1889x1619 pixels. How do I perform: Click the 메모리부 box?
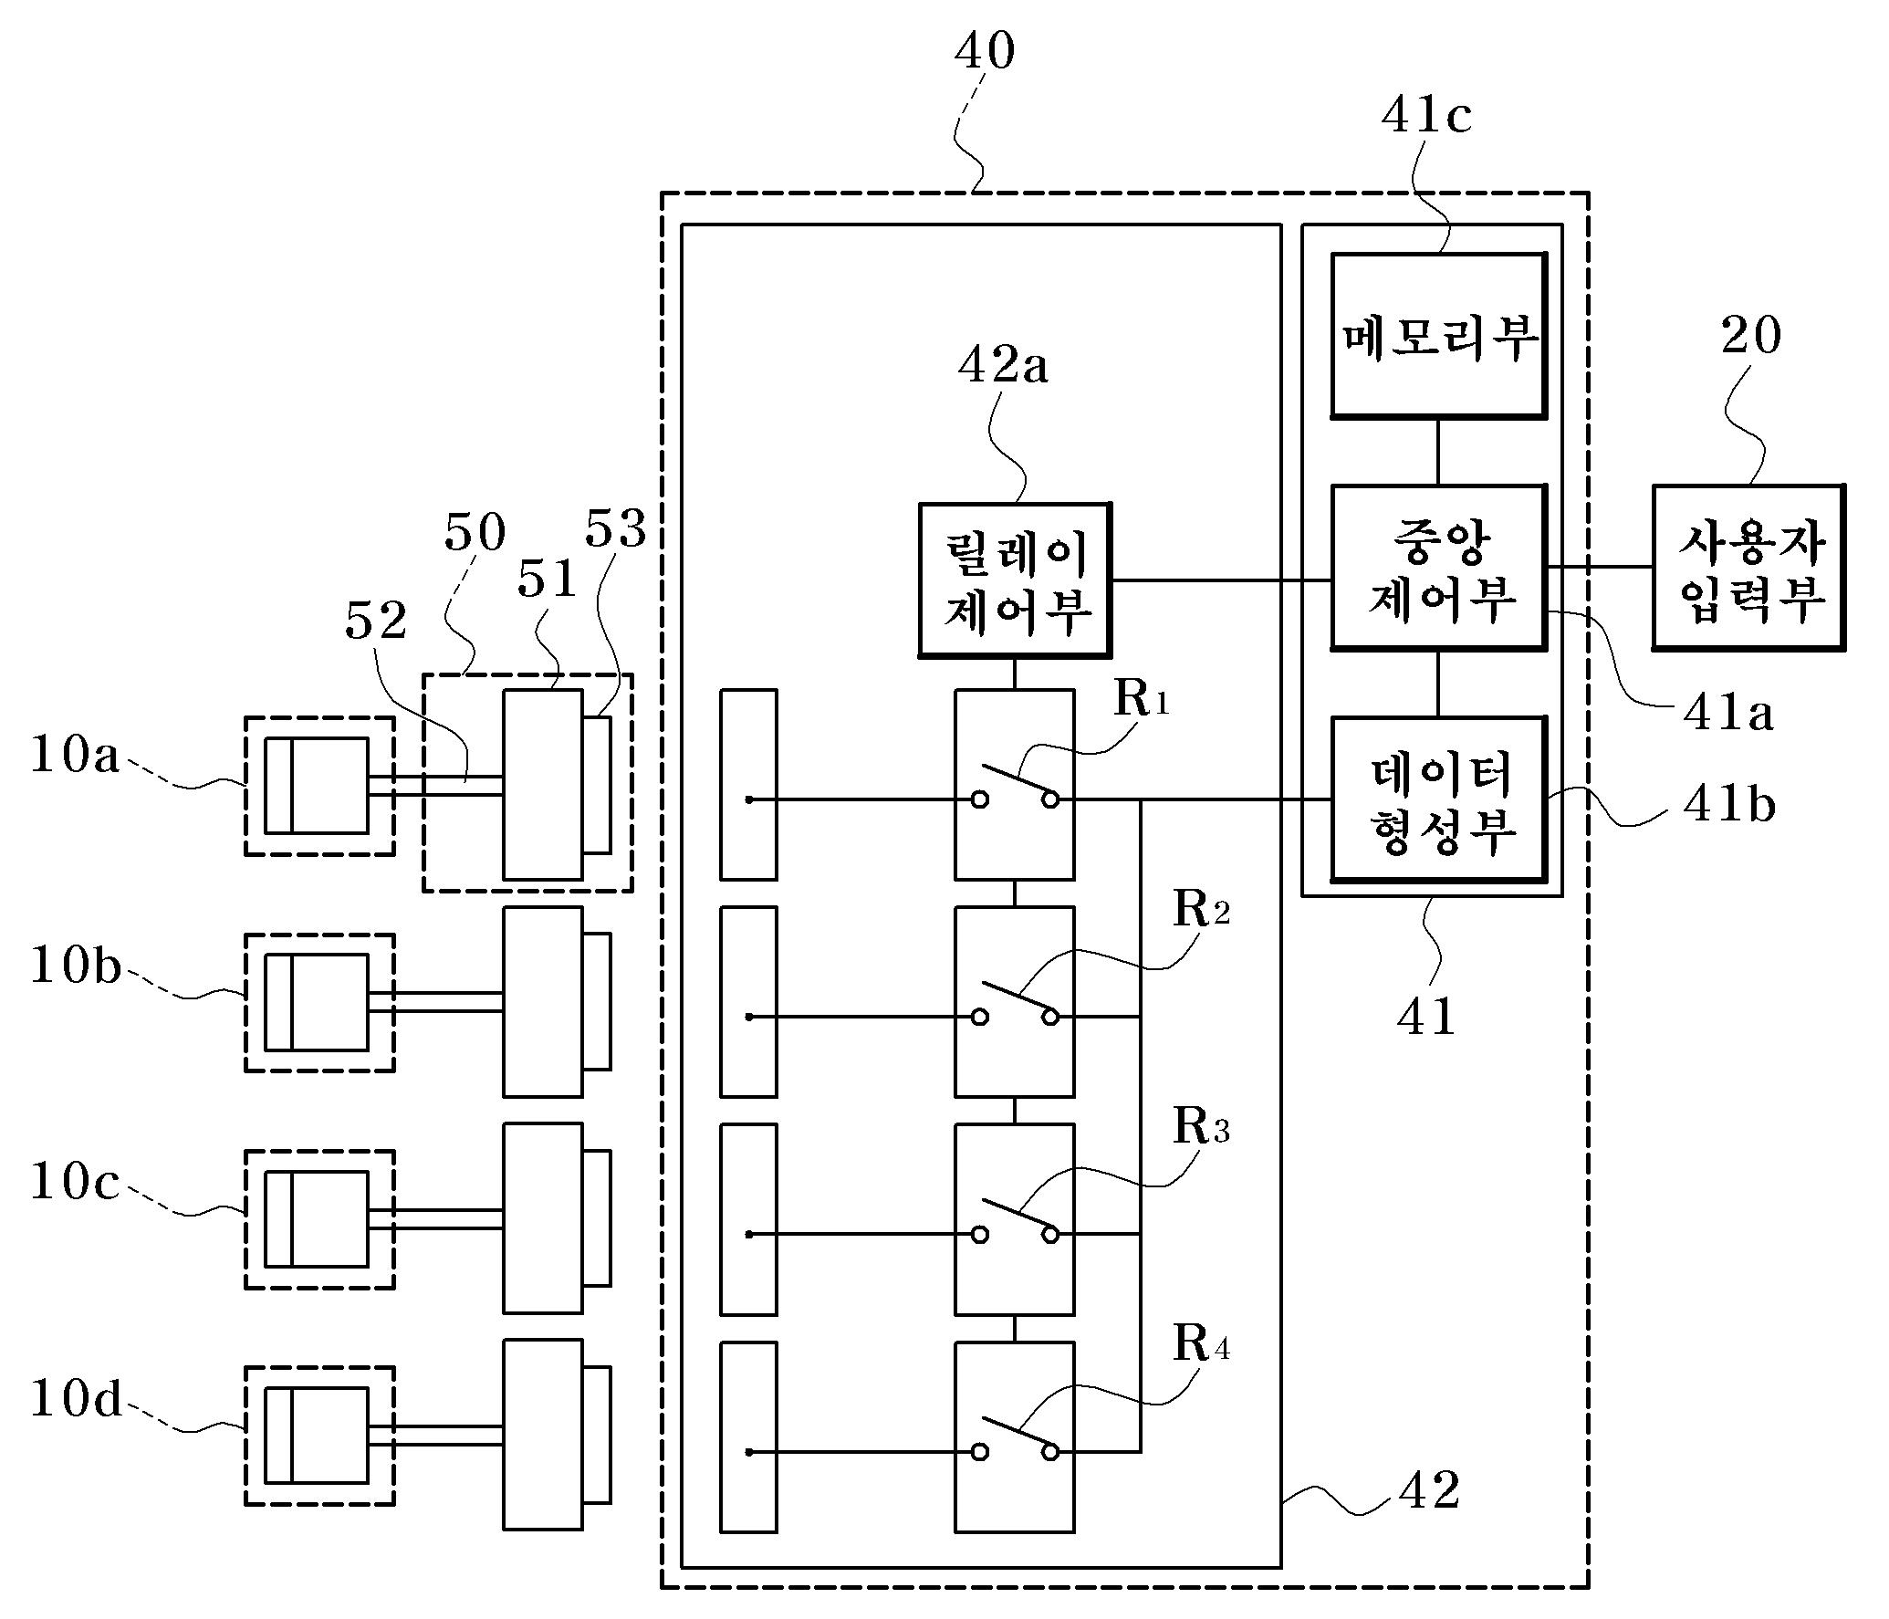[1438, 336]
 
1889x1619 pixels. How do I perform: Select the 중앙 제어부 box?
[1438, 568]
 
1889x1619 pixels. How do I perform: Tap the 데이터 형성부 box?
[1438, 799]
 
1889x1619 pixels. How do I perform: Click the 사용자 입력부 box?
[1748, 568]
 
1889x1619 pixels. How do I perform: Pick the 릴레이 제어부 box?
[1014, 580]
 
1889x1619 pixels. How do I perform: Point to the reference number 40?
[984, 51]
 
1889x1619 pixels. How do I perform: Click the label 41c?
[1425, 116]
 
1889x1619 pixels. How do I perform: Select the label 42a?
[1002, 366]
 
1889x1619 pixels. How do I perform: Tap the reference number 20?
[1750, 336]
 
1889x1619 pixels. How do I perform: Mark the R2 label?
[1201, 909]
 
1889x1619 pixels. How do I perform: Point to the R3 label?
[1201, 1126]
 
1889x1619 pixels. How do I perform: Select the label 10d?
[76, 1399]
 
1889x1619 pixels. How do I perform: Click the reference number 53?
[615, 529]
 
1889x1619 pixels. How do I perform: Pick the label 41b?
[1728, 805]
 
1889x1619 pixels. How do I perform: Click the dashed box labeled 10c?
[319, 1219]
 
